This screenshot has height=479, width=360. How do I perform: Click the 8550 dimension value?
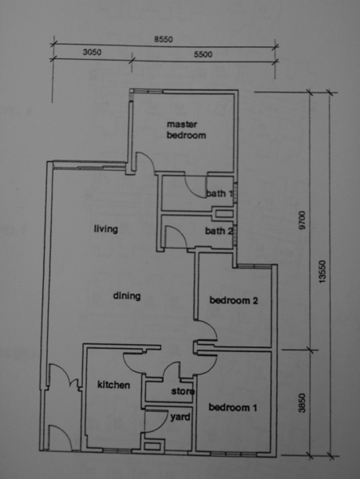(x=164, y=39)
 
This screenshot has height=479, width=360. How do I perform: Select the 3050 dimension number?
(x=92, y=52)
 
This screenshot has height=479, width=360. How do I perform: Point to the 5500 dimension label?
(x=203, y=54)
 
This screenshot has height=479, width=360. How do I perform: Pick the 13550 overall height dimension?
(x=322, y=271)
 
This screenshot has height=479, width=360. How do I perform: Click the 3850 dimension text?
(x=302, y=403)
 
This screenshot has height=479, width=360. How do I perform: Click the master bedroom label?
(x=186, y=130)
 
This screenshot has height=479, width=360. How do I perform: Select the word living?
(x=105, y=229)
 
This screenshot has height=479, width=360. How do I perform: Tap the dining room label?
(x=127, y=296)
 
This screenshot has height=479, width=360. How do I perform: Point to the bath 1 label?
(x=220, y=193)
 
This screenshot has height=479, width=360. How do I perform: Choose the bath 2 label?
(x=219, y=231)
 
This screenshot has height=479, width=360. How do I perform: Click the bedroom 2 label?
(x=234, y=301)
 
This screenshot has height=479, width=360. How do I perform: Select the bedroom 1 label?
(x=232, y=407)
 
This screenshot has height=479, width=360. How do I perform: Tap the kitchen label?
(x=113, y=385)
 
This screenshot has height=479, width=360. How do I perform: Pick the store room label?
(x=183, y=391)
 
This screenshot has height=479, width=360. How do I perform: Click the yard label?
(x=180, y=418)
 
